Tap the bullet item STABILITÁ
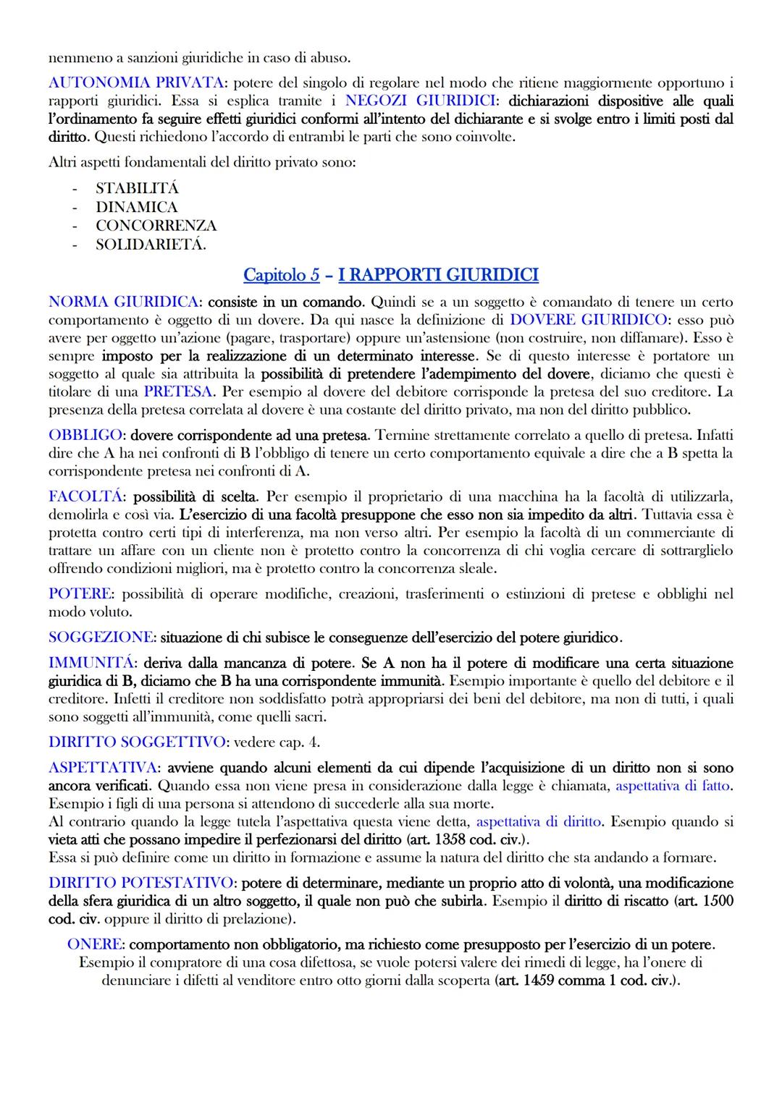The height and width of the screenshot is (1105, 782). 137,188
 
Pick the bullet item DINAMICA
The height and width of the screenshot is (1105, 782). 136,207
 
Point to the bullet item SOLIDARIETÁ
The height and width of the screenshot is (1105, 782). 151,245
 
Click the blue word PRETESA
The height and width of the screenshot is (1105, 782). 177,391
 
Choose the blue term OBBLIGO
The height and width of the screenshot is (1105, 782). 84,436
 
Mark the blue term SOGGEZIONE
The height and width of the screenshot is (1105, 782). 101,638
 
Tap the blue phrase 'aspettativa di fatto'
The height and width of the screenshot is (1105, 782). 673,785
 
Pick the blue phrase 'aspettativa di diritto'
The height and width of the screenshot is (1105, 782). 539,821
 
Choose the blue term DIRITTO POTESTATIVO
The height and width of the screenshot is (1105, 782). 141,883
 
